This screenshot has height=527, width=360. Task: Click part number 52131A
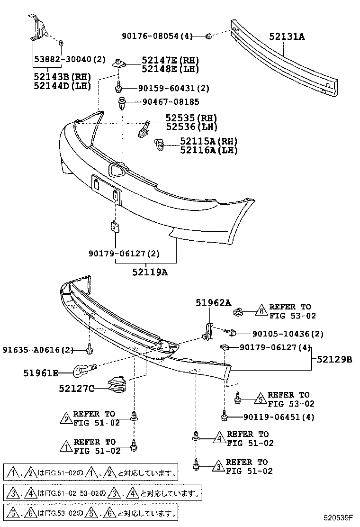pos(287,36)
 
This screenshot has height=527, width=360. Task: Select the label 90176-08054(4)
pos(157,36)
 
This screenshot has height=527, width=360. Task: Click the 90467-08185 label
pos(169,102)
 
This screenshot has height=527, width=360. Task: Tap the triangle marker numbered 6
pos(260,311)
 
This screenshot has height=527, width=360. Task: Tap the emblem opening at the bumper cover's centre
pos(116,169)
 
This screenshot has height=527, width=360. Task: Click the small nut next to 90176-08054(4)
pos(208,36)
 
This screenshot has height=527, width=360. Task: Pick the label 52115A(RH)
pos(208,141)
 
